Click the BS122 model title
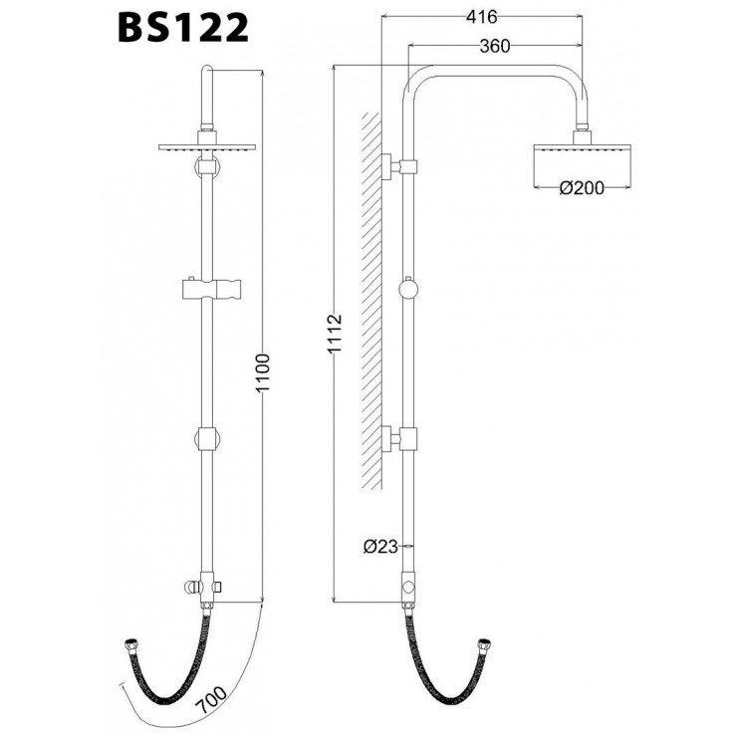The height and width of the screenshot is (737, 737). tap(183, 28)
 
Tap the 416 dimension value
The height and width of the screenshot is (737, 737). tap(481, 17)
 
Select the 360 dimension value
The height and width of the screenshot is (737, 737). tap(494, 46)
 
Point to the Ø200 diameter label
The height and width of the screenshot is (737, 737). tap(582, 188)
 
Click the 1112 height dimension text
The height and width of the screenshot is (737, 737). tap(335, 334)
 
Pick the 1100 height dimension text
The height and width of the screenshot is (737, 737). tap(263, 373)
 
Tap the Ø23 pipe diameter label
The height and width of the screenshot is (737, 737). tap(380, 546)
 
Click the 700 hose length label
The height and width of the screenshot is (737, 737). tap(211, 701)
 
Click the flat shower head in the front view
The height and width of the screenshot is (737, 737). tap(207, 147)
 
